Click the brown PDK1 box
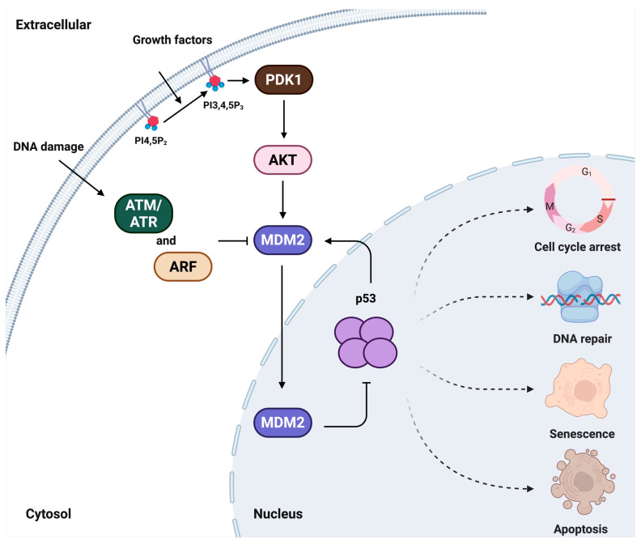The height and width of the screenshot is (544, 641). click(x=282, y=82)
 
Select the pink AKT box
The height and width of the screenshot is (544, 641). click(x=282, y=159)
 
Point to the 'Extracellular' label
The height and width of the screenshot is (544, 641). click(x=53, y=24)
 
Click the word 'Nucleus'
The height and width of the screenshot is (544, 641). click(x=278, y=512)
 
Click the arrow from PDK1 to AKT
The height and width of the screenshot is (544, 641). click(x=282, y=120)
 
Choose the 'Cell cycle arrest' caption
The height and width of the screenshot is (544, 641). click(x=578, y=246)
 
